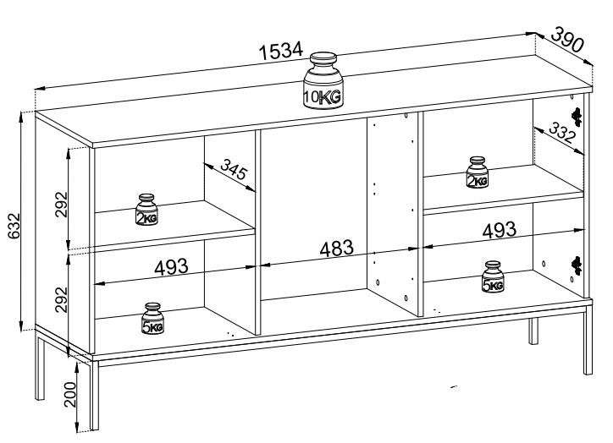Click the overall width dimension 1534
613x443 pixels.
pos(280,50)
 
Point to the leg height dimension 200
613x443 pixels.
pos(71,393)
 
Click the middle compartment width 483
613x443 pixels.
pos(336,249)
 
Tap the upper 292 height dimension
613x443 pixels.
pos(62,199)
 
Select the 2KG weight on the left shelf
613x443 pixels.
pos(147,211)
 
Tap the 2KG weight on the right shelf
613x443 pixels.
pos(478,172)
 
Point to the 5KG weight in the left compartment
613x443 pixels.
pos(153,318)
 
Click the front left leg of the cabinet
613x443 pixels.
pos(91,397)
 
